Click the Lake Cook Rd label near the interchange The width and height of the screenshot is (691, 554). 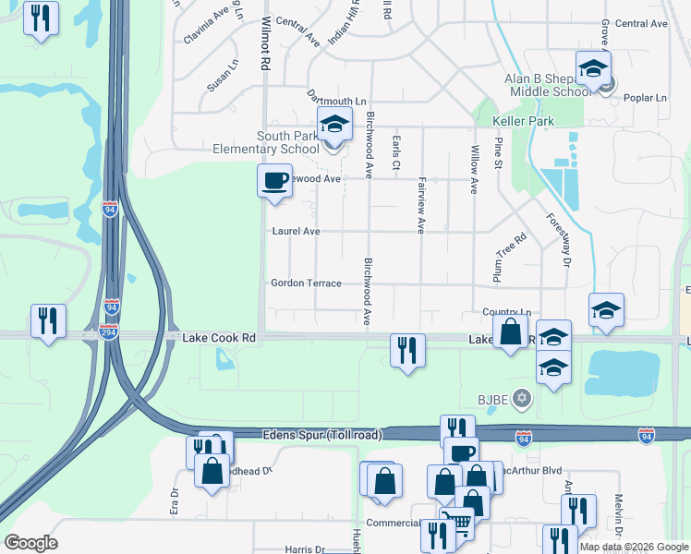(x=218, y=339)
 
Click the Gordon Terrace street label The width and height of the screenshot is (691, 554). (x=306, y=283)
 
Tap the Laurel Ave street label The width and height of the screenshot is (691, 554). (x=296, y=231)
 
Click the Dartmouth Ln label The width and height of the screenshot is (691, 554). (x=337, y=99)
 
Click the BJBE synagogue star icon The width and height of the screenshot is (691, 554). (x=521, y=398)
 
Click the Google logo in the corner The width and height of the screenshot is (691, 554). (x=30, y=543)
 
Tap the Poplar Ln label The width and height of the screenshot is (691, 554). (x=648, y=98)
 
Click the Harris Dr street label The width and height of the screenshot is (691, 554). (x=305, y=549)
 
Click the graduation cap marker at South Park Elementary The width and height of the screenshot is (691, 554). (x=334, y=124)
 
